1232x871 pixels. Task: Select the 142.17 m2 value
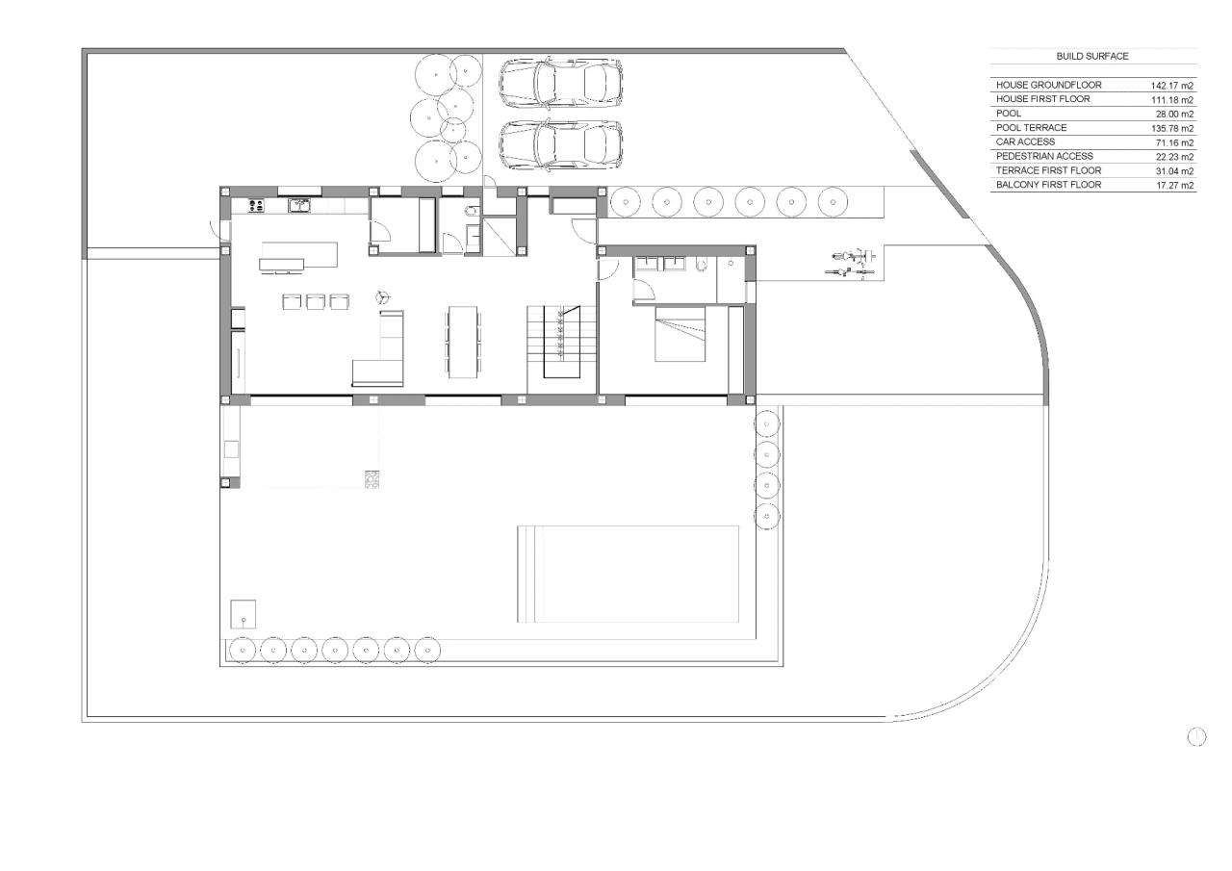[x=1172, y=86]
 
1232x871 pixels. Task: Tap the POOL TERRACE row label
[x=1031, y=128]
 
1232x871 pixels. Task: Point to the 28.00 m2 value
[x=1175, y=115]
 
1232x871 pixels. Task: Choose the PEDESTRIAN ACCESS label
[x=1044, y=156]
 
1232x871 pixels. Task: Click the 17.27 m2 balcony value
[x=1175, y=186]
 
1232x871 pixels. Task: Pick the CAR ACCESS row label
[x=1025, y=141]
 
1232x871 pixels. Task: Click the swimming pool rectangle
[x=629, y=574]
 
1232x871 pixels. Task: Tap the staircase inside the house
[x=561, y=342]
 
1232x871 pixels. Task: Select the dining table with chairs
[x=463, y=342]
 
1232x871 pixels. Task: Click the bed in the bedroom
[x=680, y=334]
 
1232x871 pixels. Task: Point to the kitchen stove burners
[x=256, y=206]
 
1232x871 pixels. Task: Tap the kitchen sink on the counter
[x=299, y=206]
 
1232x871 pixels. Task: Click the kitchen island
[x=298, y=256]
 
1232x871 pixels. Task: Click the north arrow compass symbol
[x=1196, y=737]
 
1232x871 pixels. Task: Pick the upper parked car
[x=561, y=84]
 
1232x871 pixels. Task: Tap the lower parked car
[x=561, y=145]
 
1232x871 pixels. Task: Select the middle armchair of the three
[x=316, y=301]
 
